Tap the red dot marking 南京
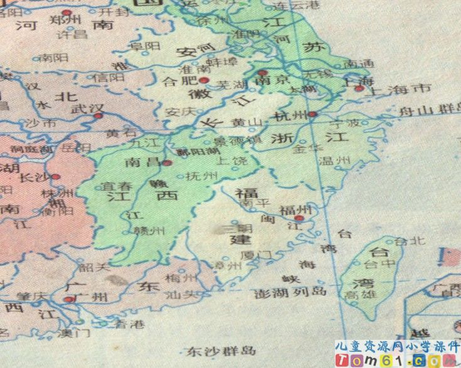click(x=262, y=73)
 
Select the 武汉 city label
click(x=86, y=108)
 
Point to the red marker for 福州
click(x=300, y=218)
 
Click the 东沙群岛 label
click(x=213, y=350)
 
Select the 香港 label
click(x=130, y=324)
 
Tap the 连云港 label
click(x=295, y=5)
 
